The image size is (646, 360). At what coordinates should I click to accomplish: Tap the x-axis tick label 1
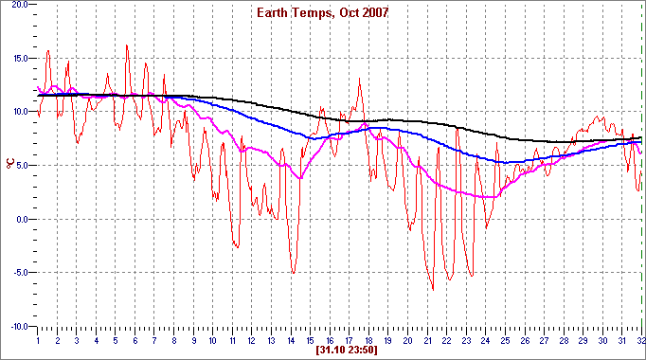tap(38, 339)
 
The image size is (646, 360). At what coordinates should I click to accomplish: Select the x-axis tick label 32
tap(641, 339)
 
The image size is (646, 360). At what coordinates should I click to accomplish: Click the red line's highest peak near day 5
tap(127, 45)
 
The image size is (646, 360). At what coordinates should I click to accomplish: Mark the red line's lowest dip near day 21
tap(433, 289)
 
